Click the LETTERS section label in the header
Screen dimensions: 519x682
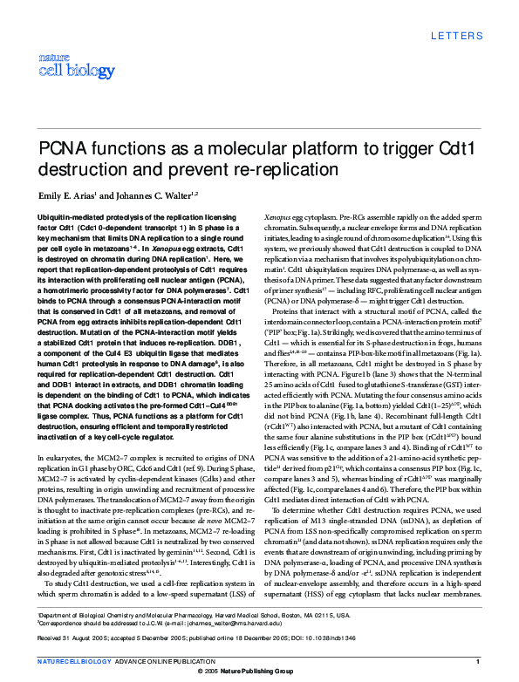[x=455, y=36]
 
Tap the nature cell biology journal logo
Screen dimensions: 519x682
[x=62, y=64]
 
